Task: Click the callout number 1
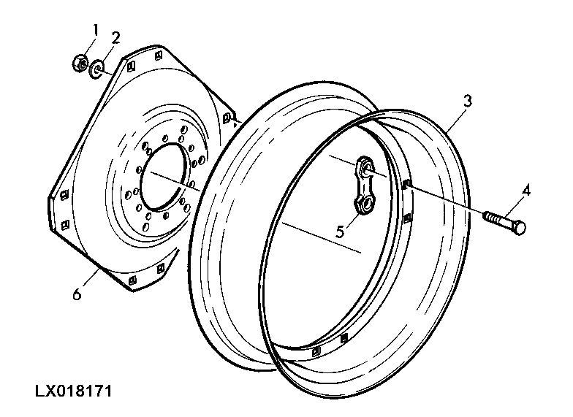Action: click(x=95, y=30)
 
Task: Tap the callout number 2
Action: click(x=115, y=38)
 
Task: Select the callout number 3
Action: click(x=468, y=101)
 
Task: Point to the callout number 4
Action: click(x=526, y=191)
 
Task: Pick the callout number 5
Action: click(x=340, y=231)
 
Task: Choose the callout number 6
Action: click(x=77, y=294)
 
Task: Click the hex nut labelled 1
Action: click(x=80, y=64)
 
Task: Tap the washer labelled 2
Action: click(x=96, y=69)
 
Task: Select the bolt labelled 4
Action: click(x=504, y=222)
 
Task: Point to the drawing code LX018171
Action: click(x=73, y=391)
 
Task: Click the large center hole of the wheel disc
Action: click(x=165, y=177)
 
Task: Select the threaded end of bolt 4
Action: click(x=491, y=217)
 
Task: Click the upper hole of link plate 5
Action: click(x=366, y=167)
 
